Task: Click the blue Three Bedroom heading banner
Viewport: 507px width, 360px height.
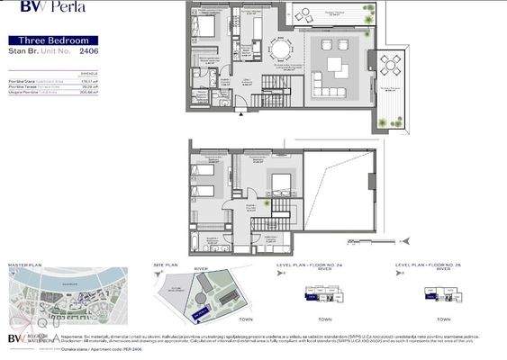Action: tap(60, 40)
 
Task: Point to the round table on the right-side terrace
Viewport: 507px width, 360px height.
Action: tap(393, 65)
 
